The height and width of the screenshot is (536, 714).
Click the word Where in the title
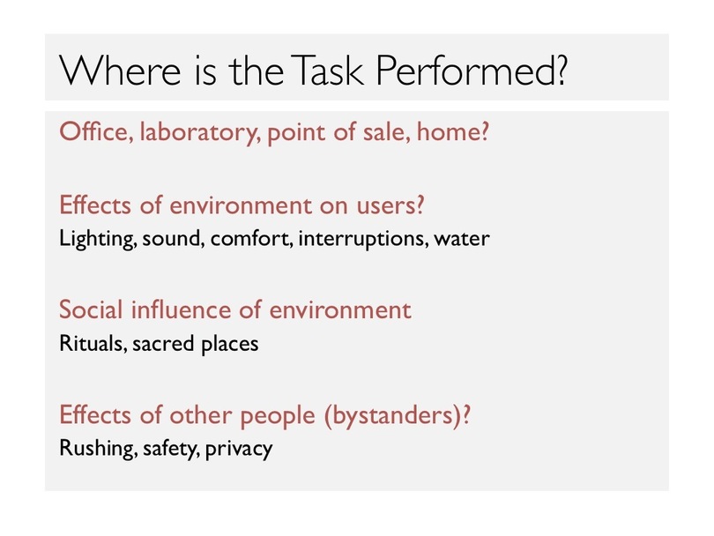pyautogui.click(x=120, y=71)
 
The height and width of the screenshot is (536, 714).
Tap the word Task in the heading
pyautogui.click(x=327, y=71)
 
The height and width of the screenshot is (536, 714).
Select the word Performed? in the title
pyautogui.click(x=472, y=71)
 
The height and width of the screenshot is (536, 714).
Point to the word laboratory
pyautogui.click(x=200, y=133)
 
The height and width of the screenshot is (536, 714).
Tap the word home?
pyautogui.click(x=452, y=131)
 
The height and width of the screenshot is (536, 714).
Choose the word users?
pyautogui.click(x=390, y=205)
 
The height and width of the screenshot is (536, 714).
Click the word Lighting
pyautogui.click(x=98, y=239)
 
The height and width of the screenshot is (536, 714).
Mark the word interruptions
pyautogui.click(x=363, y=239)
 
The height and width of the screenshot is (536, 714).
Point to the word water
pyautogui.click(x=462, y=239)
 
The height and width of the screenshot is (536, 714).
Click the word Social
pyautogui.click(x=91, y=309)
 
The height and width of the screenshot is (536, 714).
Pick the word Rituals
pyautogui.click(x=93, y=343)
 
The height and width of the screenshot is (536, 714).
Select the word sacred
pyautogui.click(x=163, y=343)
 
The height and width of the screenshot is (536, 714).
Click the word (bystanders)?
pyautogui.click(x=397, y=415)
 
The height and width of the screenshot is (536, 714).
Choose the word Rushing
pyautogui.click(x=99, y=449)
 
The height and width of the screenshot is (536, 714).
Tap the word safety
pyautogui.click(x=171, y=449)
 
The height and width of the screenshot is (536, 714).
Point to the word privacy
pyautogui.click(x=239, y=449)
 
